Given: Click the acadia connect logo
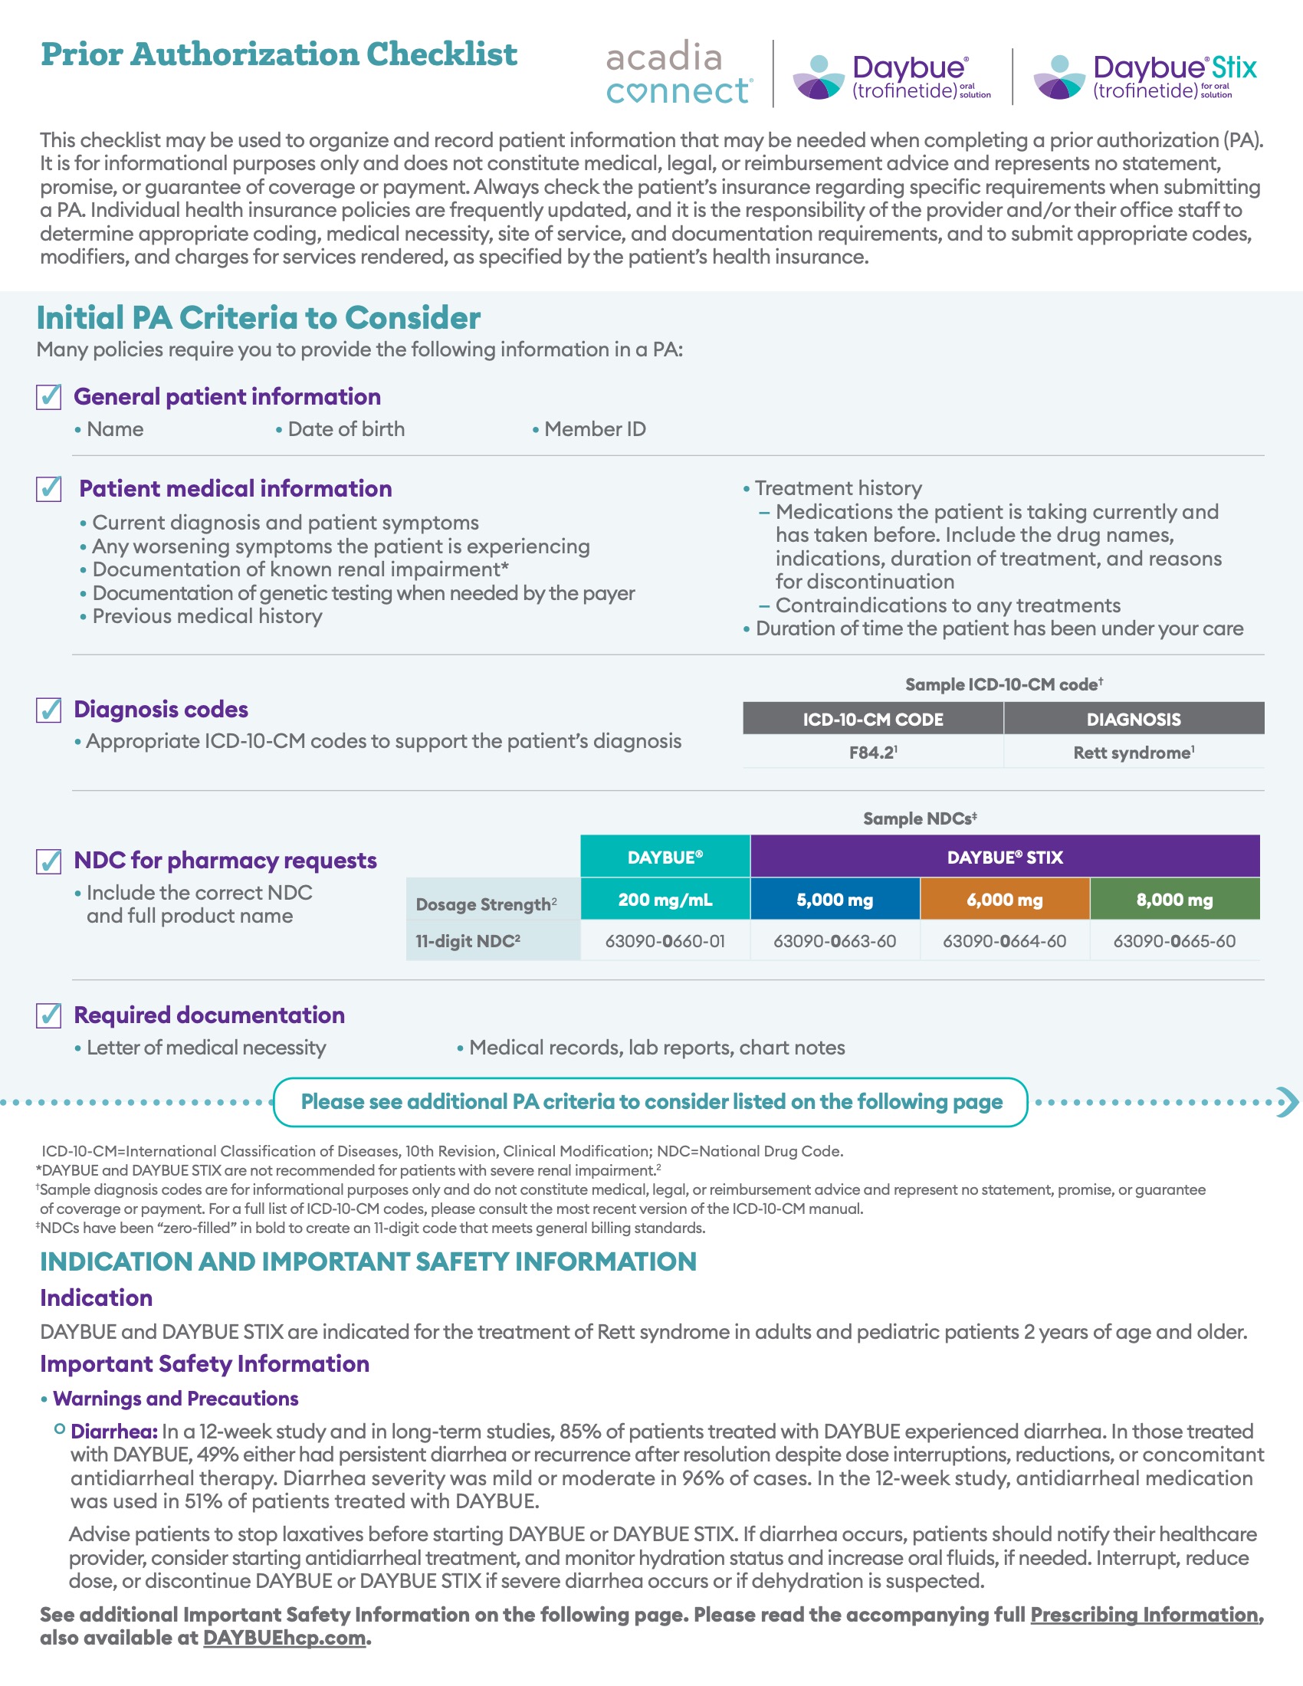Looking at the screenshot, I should (x=678, y=74).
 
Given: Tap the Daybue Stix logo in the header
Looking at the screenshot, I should (x=1146, y=77).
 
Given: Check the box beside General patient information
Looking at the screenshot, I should (x=49, y=397).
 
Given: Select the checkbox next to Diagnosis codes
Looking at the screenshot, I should (x=49, y=710).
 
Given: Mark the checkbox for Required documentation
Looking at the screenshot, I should (x=49, y=1015).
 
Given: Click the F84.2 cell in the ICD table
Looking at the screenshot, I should (x=872, y=753).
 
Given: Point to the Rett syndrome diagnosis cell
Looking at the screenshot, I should (x=1133, y=753).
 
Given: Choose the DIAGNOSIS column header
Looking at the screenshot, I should (x=1133, y=719).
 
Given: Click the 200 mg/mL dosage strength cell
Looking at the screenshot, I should (x=665, y=900).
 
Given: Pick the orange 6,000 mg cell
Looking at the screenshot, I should (x=1004, y=900).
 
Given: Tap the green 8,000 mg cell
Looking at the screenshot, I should (x=1174, y=900).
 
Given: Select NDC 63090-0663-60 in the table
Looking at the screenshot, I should (x=835, y=941).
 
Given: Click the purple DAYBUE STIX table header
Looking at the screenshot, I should (x=1004, y=857).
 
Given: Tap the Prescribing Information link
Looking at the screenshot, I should (x=1145, y=1614).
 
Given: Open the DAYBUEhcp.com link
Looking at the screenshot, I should (x=284, y=1638).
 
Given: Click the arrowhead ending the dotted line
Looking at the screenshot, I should (x=1287, y=1101).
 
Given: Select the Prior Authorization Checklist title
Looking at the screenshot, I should (x=279, y=55).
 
